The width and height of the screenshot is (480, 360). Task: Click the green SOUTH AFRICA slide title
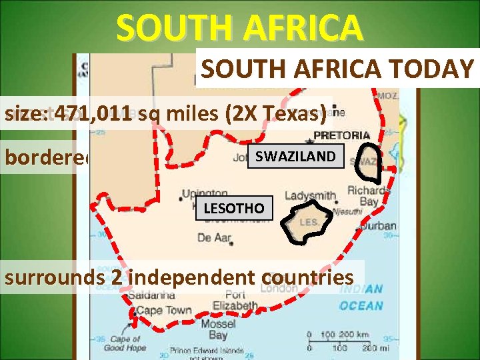click(x=240, y=28)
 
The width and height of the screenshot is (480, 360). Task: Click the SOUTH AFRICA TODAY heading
click(x=337, y=69)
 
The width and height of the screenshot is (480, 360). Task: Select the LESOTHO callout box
click(x=233, y=208)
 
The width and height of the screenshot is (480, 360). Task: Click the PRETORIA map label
click(x=341, y=135)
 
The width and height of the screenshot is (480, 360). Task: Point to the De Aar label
click(x=214, y=237)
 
